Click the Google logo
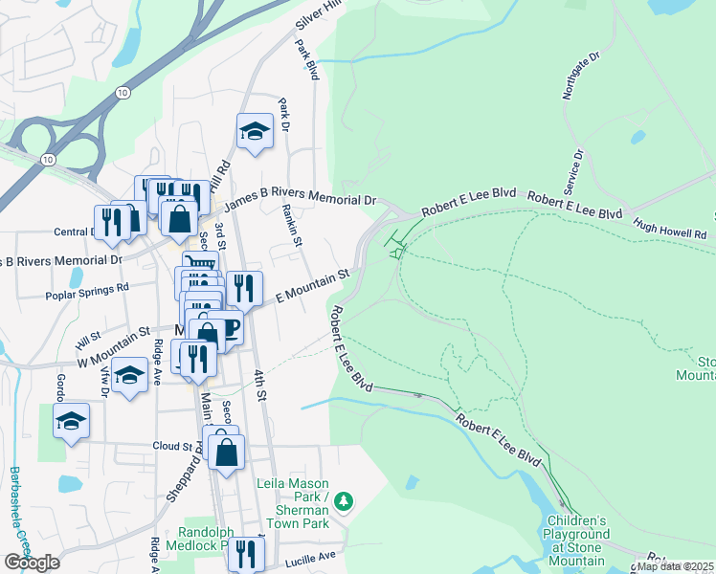pos(32,563)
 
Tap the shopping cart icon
pos(200,265)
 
